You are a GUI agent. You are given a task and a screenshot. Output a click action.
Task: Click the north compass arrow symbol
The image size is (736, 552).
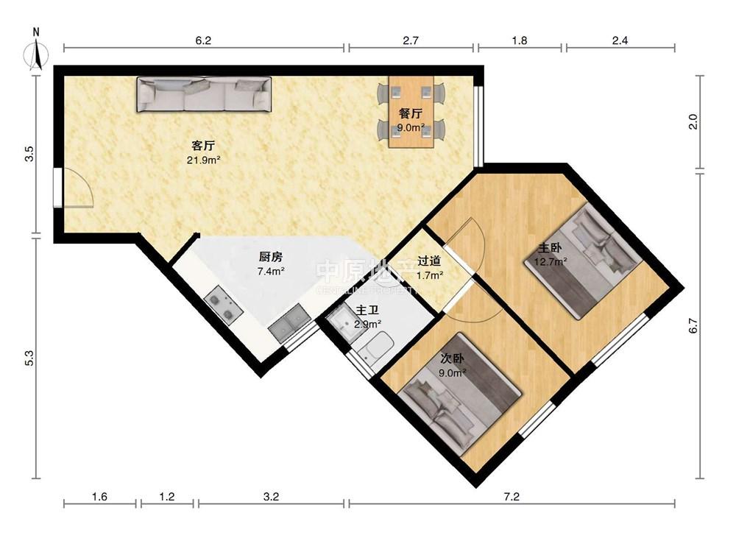coord(36,53)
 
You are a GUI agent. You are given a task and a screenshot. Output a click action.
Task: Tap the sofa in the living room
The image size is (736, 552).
coord(204,94)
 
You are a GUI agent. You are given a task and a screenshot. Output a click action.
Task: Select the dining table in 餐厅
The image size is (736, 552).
coord(411,112)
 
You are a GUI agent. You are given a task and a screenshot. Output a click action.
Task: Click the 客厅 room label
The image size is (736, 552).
coord(203,145)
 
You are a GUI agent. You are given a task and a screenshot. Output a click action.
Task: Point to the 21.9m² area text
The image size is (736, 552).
coord(204,160)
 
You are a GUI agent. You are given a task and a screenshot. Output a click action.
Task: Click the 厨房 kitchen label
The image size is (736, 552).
coord(271,257)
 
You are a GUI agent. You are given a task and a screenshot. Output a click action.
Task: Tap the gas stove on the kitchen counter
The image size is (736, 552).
coord(224,306)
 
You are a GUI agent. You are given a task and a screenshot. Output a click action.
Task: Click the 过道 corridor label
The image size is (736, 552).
coord(429,261)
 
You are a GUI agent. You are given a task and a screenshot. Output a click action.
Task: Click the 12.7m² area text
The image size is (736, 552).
coord(550,261)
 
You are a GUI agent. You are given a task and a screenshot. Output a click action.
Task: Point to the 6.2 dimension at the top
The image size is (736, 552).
coord(203,40)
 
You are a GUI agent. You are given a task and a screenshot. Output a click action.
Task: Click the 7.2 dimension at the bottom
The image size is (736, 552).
coord(512,497)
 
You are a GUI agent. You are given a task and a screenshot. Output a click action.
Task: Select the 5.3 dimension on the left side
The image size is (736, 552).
coord(29,358)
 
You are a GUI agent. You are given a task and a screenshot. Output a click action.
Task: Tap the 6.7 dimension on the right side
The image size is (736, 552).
coord(693,326)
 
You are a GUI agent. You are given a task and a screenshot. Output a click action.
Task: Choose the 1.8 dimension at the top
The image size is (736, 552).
coord(519,40)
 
